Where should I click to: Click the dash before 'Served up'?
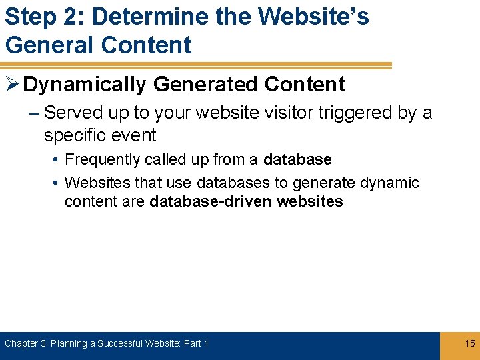(x=33, y=113)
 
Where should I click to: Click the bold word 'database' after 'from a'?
(x=297, y=160)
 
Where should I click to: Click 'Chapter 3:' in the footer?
(x=26, y=343)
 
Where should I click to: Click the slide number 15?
(x=470, y=343)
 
